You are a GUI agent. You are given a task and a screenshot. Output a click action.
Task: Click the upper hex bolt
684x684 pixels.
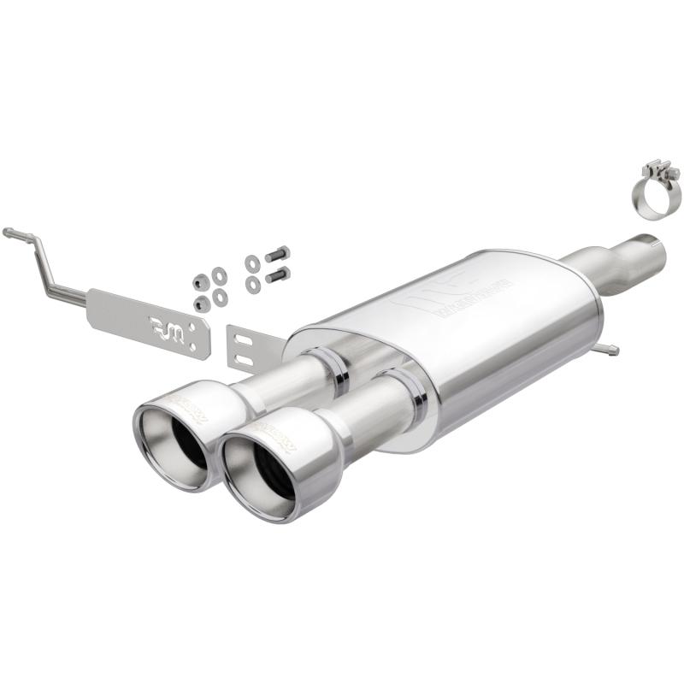(x=277, y=255)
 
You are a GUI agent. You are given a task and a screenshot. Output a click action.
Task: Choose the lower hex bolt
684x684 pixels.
(x=277, y=275)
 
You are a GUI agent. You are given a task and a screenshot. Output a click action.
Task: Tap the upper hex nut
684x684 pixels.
(x=200, y=282)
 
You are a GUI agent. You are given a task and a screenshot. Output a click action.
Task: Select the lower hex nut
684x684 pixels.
(x=203, y=303)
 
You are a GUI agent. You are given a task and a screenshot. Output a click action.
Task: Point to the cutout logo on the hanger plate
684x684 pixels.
(x=168, y=326)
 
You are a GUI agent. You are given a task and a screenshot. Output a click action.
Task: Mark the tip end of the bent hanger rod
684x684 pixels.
(x=8, y=233)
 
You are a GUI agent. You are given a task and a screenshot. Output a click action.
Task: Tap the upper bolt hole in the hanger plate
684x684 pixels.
(x=202, y=329)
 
